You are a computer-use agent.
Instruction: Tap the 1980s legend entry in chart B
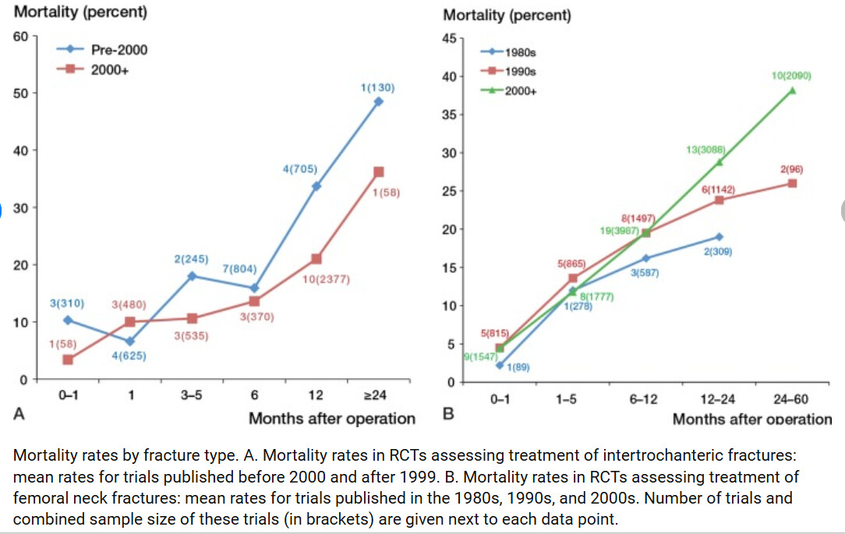[x=520, y=52]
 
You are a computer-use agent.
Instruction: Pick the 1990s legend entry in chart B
[x=520, y=72]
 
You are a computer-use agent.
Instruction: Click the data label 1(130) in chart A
[x=378, y=88]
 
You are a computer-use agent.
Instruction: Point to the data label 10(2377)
[x=327, y=278]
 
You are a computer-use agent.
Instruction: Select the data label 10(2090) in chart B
[x=791, y=76]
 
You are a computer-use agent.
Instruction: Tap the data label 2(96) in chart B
[x=791, y=169]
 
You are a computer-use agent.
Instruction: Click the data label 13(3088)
[x=706, y=150]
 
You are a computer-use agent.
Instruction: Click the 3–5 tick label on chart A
[x=192, y=395]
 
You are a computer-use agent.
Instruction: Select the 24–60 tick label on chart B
[x=790, y=399]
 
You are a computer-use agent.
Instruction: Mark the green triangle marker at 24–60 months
[x=792, y=90]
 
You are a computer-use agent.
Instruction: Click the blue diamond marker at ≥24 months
[x=379, y=101]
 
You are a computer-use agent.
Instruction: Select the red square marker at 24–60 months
[x=792, y=183]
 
